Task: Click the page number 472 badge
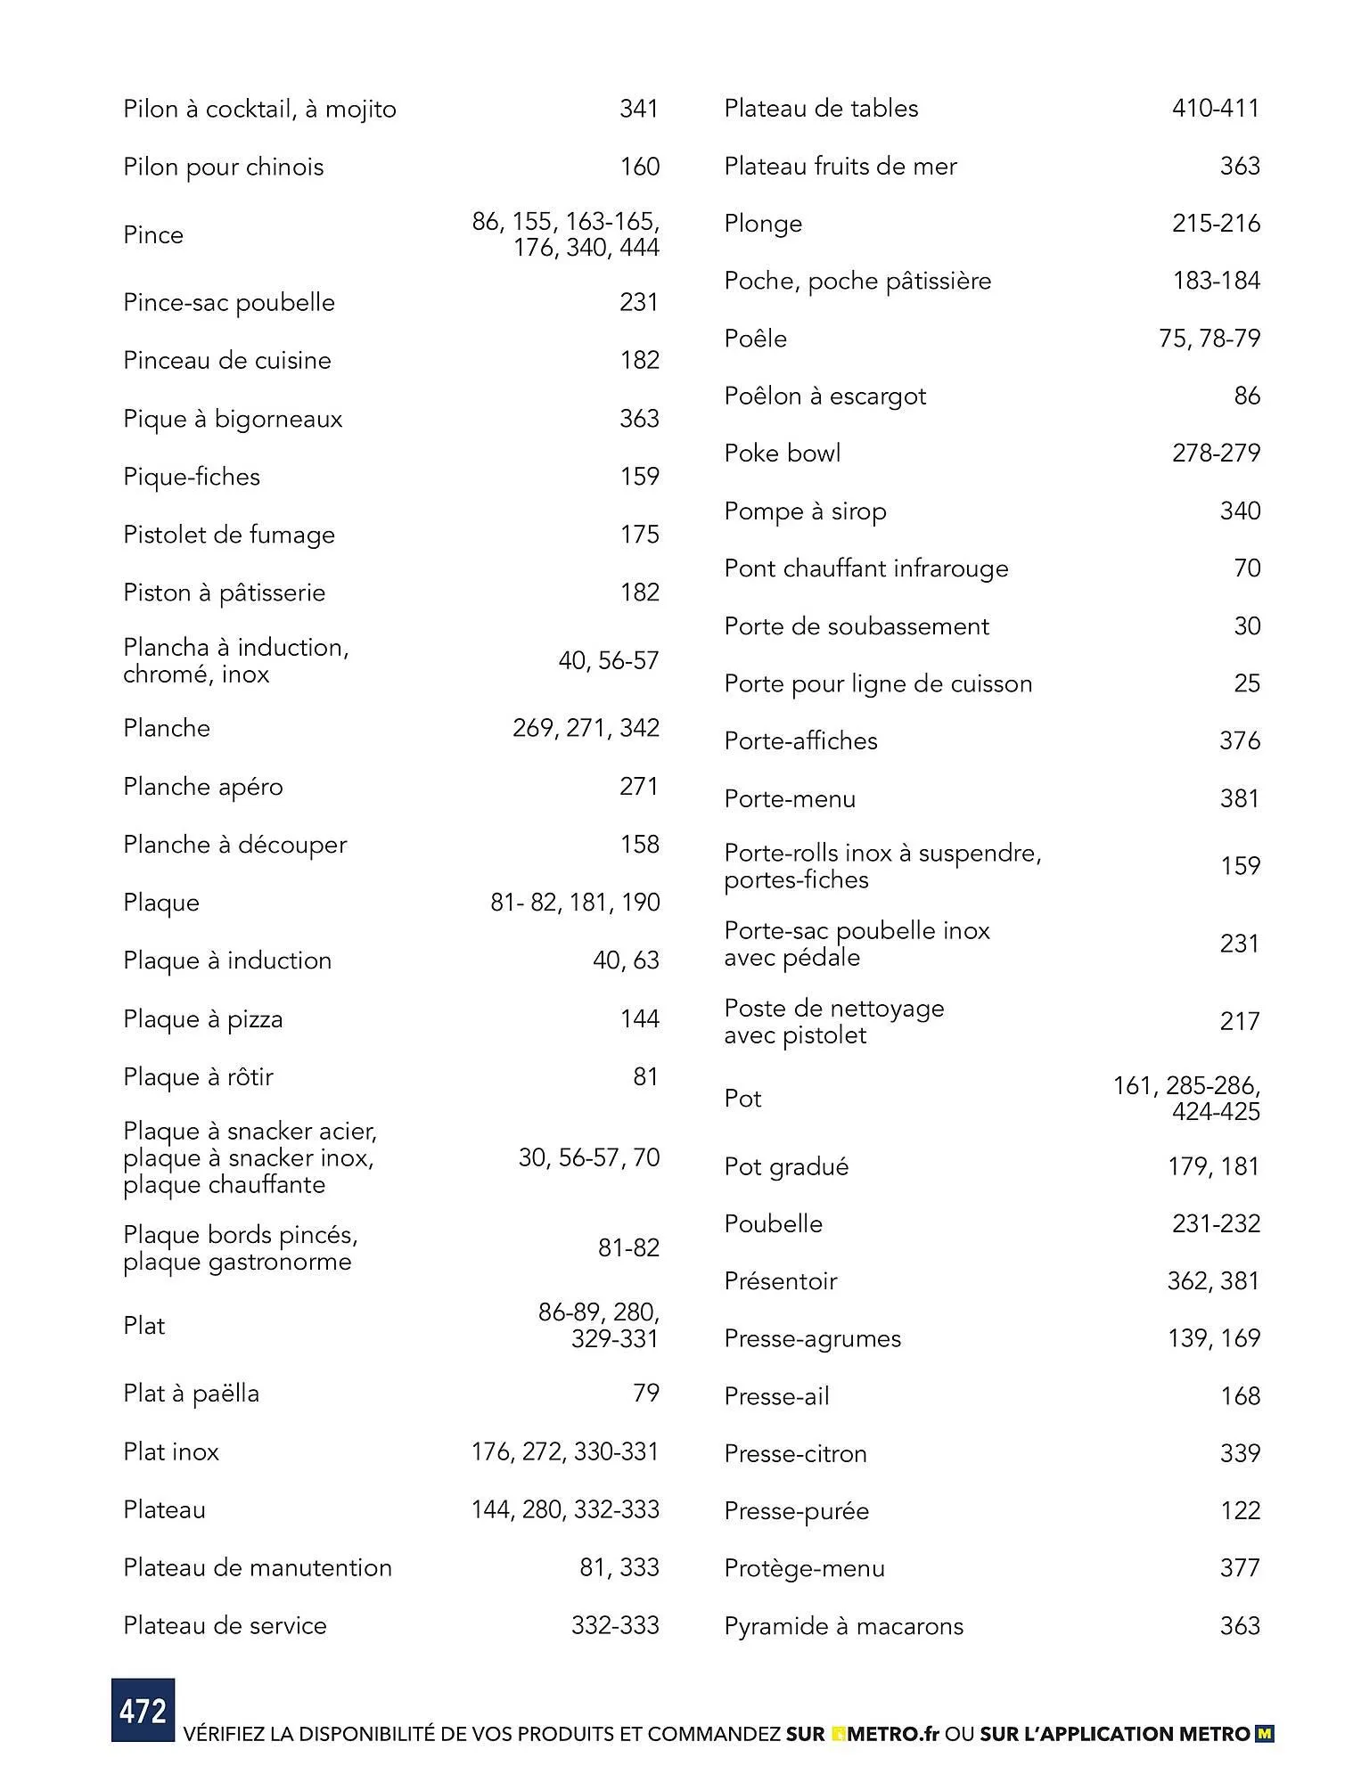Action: tap(143, 1710)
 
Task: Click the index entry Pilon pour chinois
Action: tap(223, 168)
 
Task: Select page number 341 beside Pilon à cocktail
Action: tap(638, 109)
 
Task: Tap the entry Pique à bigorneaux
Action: tap(233, 419)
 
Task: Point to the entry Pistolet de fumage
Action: tap(229, 535)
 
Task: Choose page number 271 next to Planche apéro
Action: tap(638, 787)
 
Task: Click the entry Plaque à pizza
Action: tap(202, 1019)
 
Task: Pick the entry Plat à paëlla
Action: tap(191, 1394)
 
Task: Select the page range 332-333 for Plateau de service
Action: tap(615, 1625)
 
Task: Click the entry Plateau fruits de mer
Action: tap(840, 167)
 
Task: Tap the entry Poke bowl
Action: tap(782, 454)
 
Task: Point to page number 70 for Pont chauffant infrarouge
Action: tap(1247, 568)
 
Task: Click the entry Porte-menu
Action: tap(789, 799)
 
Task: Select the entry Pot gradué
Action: tap(785, 1167)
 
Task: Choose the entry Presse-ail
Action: tap(775, 1396)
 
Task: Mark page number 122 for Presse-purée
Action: tap(1240, 1511)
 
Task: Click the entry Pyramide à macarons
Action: tap(843, 1626)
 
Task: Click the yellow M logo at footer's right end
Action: tap(1264, 1734)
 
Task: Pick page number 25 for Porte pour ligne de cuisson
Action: tap(1247, 683)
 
